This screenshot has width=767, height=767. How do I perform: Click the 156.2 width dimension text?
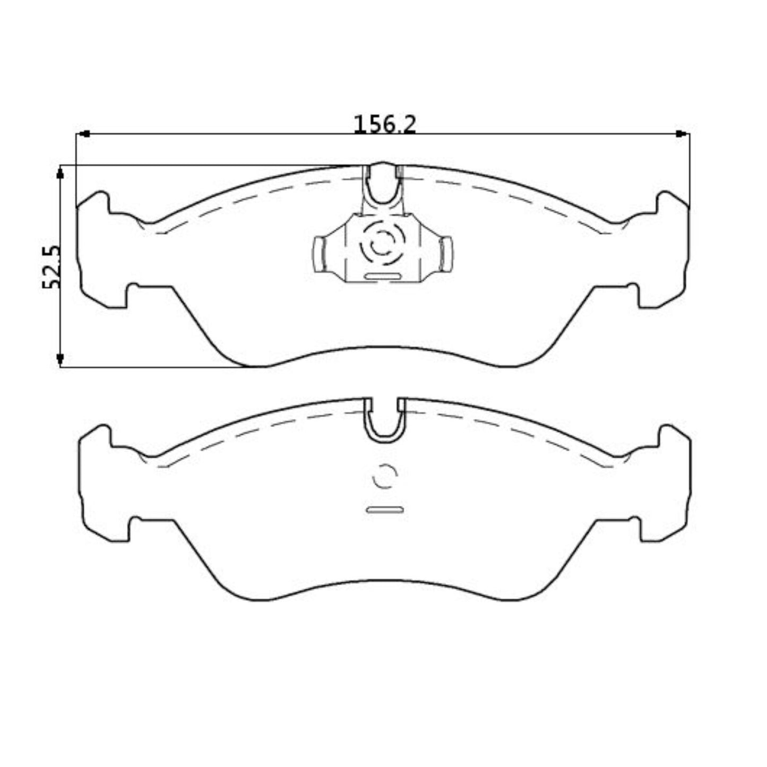[385, 124]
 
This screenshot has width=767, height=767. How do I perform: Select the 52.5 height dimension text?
[52, 267]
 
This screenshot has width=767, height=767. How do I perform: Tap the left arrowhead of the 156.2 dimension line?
[83, 134]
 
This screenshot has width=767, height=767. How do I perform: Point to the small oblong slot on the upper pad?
[382, 276]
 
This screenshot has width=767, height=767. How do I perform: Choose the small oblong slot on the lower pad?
[384, 510]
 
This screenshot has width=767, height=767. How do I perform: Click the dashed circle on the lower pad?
[384, 476]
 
